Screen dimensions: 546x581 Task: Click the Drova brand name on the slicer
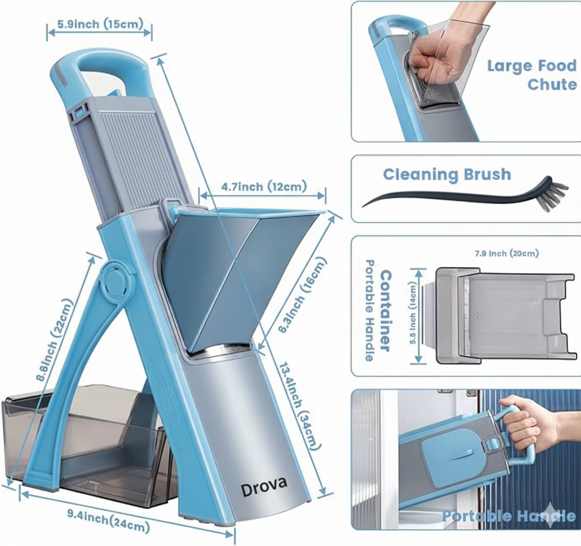coord(264,485)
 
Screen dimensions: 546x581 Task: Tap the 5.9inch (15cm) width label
coord(100,24)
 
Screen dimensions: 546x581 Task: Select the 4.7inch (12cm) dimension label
coord(264,187)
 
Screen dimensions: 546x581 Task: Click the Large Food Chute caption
coord(531,75)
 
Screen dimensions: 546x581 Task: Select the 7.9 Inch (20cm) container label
coord(506,254)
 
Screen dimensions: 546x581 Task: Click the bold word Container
coord(386,310)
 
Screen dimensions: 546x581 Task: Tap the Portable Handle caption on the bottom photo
coord(508,516)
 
